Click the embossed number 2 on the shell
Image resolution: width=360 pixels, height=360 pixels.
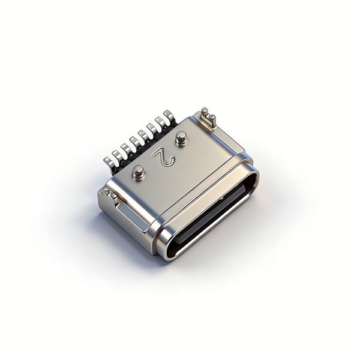[164, 157]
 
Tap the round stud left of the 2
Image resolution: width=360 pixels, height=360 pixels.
[139, 172]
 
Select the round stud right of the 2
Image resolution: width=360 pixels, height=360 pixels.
[181, 138]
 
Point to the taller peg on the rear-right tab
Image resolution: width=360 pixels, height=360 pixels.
[204, 113]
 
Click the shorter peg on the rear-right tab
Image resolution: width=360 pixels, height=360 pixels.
[212, 120]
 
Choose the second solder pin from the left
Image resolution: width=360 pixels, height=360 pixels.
[118, 155]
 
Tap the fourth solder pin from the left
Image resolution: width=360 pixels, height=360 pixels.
[135, 142]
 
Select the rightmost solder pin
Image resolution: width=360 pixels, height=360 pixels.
[169, 116]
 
